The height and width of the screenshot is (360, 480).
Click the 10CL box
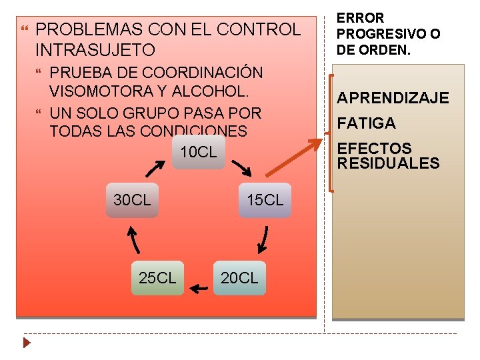click(199, 153)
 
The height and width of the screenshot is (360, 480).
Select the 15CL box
click(265, 200)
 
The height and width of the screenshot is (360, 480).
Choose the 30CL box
click(132, 200)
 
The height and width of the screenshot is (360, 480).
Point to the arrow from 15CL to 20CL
click(263, 239)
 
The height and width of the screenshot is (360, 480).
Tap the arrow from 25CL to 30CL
click(133, 238)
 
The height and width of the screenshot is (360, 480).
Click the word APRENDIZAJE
click(393, 99)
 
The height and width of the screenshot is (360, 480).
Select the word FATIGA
click(366, 123)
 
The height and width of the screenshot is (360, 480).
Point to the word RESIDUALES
click(388, 163)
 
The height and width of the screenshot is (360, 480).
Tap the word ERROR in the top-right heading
click(360, 19)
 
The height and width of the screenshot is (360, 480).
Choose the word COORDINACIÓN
click(203, 73)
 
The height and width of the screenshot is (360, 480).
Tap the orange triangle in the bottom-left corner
click(26, 344)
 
